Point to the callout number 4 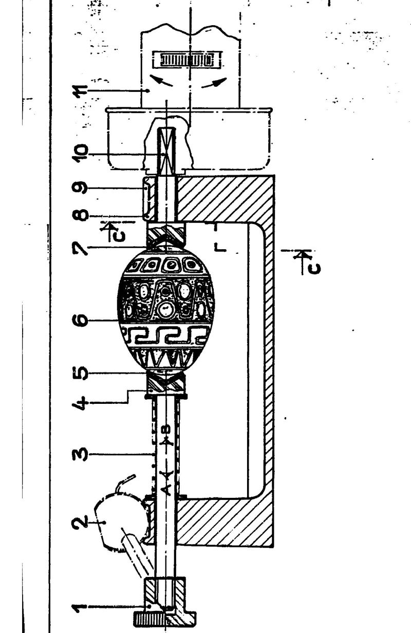pyautogui.click(x=80, y=403)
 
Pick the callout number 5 pyautogui.click(x=80, y=374)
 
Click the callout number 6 pyautogui.click(x=80, y=320)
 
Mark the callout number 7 pyautogui.click(x=80, y=248)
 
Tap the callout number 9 pyautogui.click(x=80, y=188)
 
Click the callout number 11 pyautogui.click(x=80, y=91)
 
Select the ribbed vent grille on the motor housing pyautogui.click(x=187, y=60)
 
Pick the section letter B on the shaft pyautogui.click(x=167, y=429)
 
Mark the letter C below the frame pyautogui.click(x=314, y=269)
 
